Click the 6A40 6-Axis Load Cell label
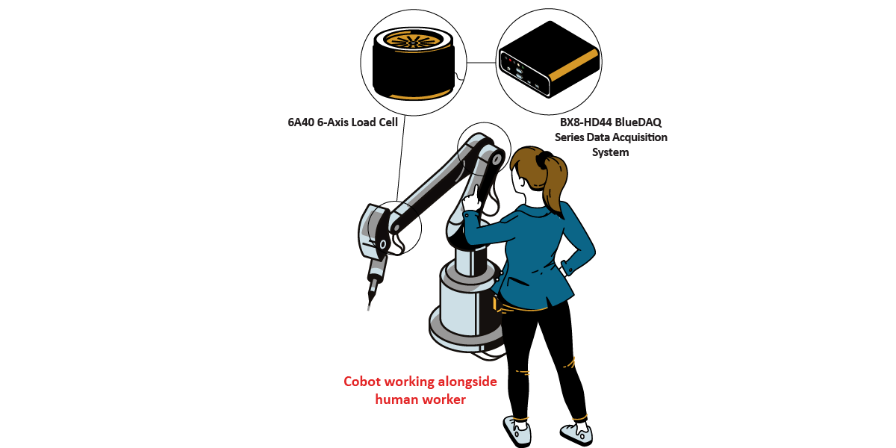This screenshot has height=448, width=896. pyautogui.click(x=343, y=122)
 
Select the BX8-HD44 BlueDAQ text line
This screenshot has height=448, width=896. pyautogui.click(x=611, y=122)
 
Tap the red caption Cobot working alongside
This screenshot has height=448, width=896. pyautogui.click(x=420, y=382)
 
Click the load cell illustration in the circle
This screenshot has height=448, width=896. pyautogui.click(x=414, y=63)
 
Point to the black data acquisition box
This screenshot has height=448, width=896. pyautogui.click(x=549, y=59)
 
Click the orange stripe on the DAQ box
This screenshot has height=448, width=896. pyautogui.click(x=574, y=66)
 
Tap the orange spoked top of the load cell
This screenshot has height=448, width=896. pyautogui.click(x=414, y=40)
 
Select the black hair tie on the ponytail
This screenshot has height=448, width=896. pyautogui.click(x=544, y=159)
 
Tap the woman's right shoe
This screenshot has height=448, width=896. pyautogui.click(x=576, y=434)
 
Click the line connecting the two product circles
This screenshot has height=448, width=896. pyautogui.click(x=481, y=63)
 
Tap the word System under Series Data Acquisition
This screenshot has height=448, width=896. pyautogui.click(x=611, y=152)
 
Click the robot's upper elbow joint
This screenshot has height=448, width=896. pyautogui.click(x=495, y=159)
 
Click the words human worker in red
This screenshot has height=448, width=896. pyautogui.click(x=420, y=399)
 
